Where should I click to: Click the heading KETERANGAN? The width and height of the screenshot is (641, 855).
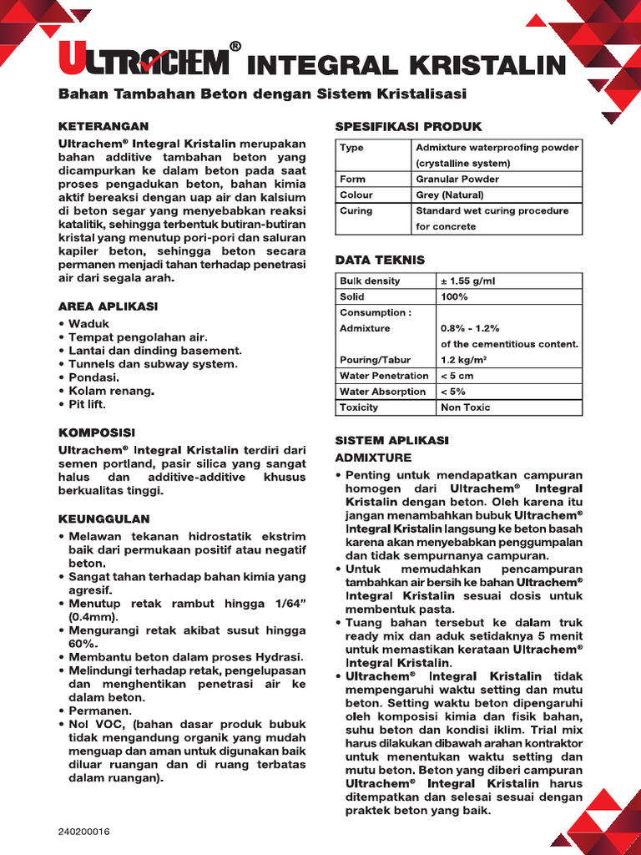[103, 126]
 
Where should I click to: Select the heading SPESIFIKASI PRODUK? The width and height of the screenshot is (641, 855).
[408, 126]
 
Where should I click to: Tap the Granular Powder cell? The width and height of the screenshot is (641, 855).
[457, 179]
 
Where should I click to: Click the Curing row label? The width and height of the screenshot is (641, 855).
[356, 210]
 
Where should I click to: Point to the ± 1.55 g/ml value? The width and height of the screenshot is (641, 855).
[473, 281]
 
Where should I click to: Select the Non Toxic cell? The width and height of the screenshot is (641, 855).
[465, 407]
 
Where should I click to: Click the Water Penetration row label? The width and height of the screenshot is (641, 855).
[384, 376]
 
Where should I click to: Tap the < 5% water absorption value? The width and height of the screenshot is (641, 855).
[453, 392]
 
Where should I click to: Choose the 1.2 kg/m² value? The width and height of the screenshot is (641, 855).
[464, 360]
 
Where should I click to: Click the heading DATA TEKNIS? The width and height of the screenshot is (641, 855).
[380, 260]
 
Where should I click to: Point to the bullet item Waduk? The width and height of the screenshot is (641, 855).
[88, 324]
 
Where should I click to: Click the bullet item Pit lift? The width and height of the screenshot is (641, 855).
[87, 404]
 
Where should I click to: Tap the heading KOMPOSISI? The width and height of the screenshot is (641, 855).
[96, 433]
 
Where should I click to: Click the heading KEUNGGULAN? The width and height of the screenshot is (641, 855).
[103, 519]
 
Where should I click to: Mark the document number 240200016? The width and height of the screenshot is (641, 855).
[84, 832]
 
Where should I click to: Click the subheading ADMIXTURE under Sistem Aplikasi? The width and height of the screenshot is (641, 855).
[373, 458]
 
